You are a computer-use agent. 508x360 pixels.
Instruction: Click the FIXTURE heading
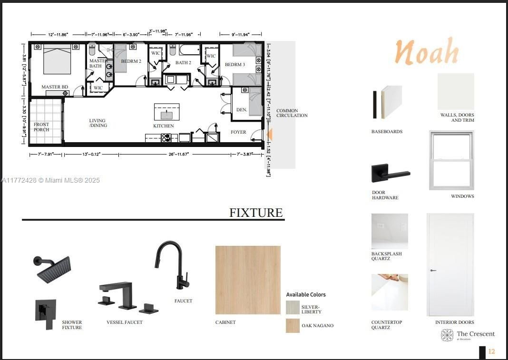256,213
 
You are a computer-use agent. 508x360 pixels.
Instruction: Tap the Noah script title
427,52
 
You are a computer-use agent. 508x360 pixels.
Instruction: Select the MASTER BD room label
55,87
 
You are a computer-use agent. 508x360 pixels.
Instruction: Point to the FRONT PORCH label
41,127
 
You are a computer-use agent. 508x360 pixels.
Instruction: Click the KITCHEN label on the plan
163,126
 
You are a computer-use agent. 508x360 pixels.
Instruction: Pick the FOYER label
238,132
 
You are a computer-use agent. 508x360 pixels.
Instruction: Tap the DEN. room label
242,110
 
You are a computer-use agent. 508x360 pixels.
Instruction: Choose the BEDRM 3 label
235,65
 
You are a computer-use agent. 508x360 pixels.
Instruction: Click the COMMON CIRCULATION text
292,113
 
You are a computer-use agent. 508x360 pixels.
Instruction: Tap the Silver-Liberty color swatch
293,308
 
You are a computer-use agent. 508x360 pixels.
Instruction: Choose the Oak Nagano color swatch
293,326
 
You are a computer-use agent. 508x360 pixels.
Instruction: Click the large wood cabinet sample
248,280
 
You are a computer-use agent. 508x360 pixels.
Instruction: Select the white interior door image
450,265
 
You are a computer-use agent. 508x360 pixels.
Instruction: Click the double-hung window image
451,160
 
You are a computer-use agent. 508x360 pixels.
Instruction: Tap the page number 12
491,352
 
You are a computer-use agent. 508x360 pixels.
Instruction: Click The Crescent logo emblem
447,335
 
